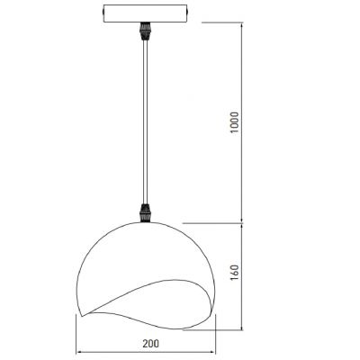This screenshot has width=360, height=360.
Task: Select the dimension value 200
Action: [x=149, y=343]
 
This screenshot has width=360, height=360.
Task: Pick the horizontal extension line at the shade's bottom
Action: [x=216, y=330]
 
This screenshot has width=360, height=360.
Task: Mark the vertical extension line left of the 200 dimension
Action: [x=77, y=337]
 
